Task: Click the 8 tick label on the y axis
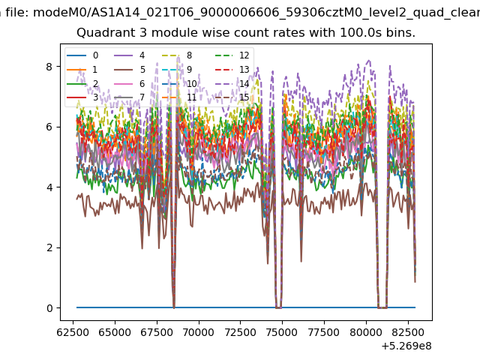(x=49, y=67)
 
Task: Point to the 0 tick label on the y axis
(x=49, y=308)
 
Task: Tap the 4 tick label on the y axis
(x=49, y=187)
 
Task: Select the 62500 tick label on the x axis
(x=73, y=332)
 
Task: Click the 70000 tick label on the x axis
(x=199, y=332)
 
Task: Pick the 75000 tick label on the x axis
(x=283, y=332)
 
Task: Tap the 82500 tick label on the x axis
(x=408, y=332)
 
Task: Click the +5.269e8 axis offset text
(x=406, y=346)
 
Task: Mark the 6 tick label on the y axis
(x=49, y=127)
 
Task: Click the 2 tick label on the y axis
(x=49, y=247)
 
